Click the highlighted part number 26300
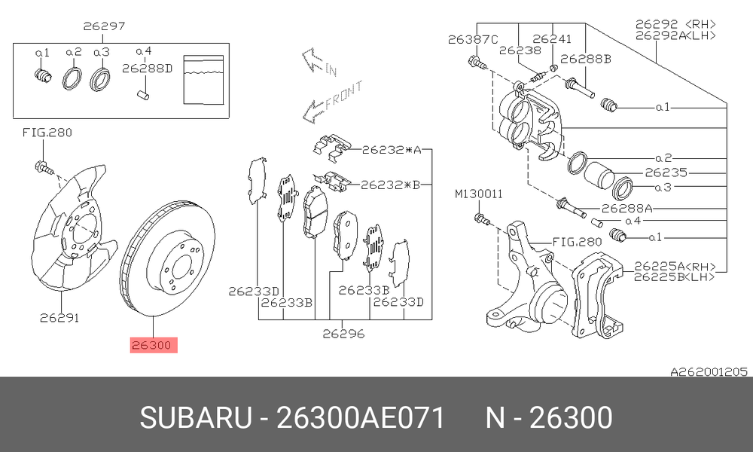(151, 345)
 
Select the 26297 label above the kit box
(104, 26)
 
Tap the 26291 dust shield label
(59, 317)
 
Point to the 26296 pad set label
(343, 334)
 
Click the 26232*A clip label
(392, 150)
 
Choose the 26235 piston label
(666, 173)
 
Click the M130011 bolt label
(479, 194)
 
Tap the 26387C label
(473, 39)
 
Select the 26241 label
(552, 39)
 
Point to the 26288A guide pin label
(626, 209)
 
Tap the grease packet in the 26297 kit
(203, 80)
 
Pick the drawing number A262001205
(709, 372)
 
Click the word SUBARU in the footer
(196, 418)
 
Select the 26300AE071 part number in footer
(361, 418)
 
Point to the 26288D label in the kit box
(147, 69)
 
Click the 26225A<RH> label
(675, 267)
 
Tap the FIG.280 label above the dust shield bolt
(47, 133)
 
